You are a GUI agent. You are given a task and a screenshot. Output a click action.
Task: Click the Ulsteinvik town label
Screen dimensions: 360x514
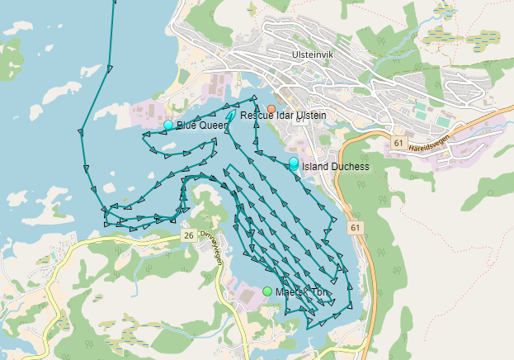click(x=312, y=54)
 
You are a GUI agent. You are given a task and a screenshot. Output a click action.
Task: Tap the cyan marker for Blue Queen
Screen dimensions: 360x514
click(x=168, y=125)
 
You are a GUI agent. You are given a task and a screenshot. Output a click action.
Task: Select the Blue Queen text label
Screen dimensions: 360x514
click(x=201, y=126)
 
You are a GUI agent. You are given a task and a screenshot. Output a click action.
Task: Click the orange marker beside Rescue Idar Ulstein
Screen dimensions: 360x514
click(x=271, y=109)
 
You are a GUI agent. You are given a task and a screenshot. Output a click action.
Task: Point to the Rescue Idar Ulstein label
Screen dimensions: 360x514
click(x=283, y=116)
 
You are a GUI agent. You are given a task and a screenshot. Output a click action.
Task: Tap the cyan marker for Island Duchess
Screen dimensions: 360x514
click(x=294, y=163)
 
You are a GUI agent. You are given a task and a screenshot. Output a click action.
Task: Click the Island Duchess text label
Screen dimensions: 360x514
click(x=335, y=167)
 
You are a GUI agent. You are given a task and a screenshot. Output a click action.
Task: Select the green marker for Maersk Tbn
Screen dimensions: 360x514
click(x=267, y=291)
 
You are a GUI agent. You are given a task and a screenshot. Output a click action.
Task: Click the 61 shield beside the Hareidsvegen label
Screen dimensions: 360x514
click(x=398, y=143)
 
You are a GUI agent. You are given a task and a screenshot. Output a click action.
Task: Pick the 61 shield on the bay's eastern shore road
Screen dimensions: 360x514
click(x=355, y=226)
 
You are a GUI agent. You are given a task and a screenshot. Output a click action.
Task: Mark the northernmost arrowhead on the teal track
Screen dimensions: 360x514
click(x=109, y=67)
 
